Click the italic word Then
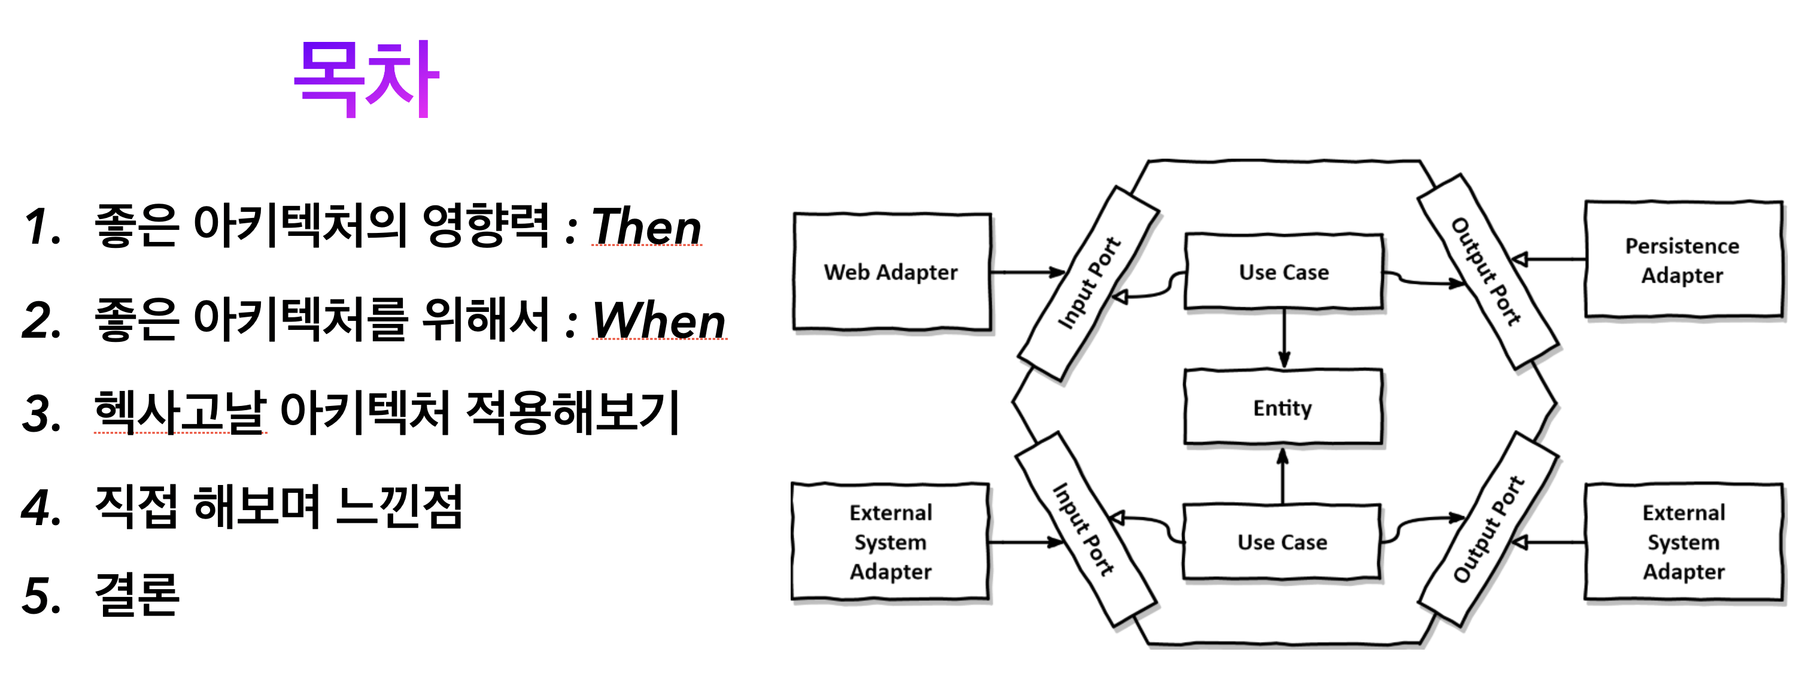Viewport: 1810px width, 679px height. click(646, 227)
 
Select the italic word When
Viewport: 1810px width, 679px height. click(658, 320)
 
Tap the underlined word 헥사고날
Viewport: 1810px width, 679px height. click(181, 413)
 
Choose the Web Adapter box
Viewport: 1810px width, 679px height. click(891, 272)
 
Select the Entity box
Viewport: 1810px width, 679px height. click(1283, 408)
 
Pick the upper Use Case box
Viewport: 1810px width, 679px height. click(1284, 272)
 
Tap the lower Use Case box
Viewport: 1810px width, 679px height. click(1282, 542)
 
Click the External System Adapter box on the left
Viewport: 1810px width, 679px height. click(890, 542)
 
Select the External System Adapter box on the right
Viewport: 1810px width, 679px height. click(1683, 542)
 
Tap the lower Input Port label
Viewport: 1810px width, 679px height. click(1083, 529)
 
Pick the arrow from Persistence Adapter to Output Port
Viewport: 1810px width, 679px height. click(1549, 260)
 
